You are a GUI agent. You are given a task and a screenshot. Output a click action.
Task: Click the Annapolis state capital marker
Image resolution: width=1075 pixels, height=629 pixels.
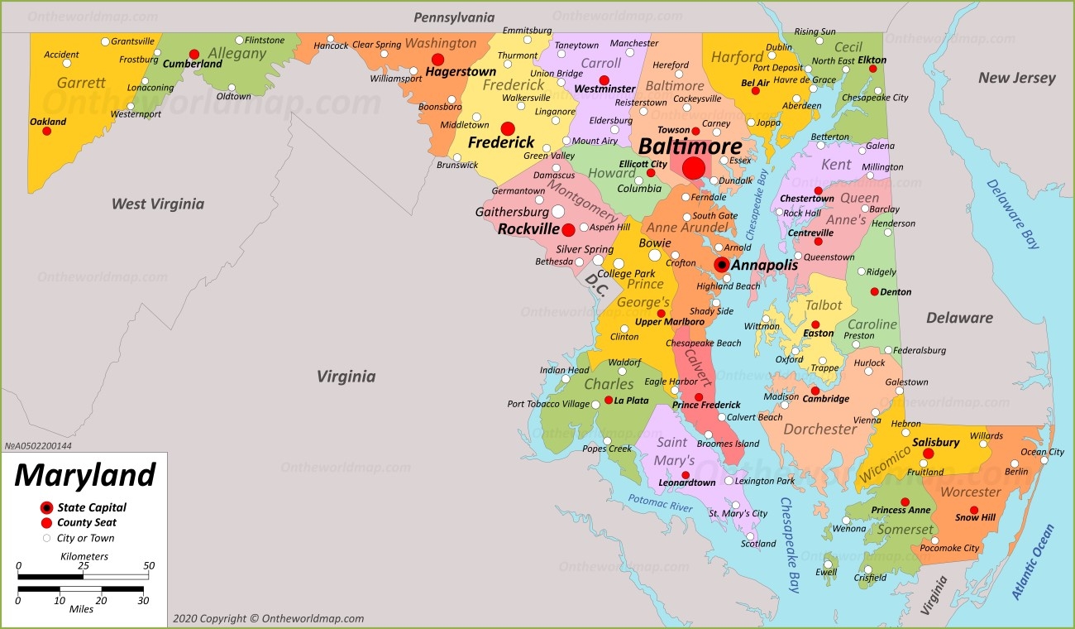click(721, 265)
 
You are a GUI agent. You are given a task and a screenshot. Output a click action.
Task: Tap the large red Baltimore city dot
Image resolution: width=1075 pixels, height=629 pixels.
click(694, 168)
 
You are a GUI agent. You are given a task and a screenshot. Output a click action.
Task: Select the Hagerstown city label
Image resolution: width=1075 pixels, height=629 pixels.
click(461, 72)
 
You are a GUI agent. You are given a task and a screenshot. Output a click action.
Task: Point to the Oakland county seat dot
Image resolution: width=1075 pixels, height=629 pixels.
click(47, 131)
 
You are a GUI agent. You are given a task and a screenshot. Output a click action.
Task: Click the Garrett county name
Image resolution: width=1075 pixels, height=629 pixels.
click(81, 83)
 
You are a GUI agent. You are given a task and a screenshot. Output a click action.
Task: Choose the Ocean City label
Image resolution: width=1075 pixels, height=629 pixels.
click(1042, 452)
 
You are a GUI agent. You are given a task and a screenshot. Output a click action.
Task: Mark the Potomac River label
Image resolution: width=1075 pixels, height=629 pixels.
click(660, 502)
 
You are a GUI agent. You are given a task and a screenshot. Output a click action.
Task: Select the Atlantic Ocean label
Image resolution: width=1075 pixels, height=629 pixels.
click(1033, 563)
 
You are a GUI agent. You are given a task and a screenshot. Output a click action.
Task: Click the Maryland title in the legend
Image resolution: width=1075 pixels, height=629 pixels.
click(84, 475)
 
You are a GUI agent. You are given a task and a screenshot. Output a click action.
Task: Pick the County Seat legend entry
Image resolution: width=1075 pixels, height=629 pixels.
click(86, 522)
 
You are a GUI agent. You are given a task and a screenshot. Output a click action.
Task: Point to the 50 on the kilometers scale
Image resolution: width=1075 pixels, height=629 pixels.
click(148, 566)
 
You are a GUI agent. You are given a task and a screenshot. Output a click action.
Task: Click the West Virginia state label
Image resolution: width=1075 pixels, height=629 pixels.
click(157, 204)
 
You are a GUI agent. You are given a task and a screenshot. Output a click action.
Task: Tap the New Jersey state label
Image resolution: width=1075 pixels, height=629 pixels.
click(1016, 78)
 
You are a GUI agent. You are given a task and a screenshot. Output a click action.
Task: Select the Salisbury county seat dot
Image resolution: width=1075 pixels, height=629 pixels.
click(928, 454)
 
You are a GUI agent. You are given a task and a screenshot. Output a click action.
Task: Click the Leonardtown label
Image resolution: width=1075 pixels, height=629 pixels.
click(687, 483)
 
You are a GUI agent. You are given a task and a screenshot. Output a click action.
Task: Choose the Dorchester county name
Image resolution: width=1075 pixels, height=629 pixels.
click(819, 429)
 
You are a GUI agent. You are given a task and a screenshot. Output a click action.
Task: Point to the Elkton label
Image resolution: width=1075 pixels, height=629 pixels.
click(872, 60)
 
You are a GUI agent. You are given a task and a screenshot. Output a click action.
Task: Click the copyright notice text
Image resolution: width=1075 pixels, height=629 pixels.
click(268, 618)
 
